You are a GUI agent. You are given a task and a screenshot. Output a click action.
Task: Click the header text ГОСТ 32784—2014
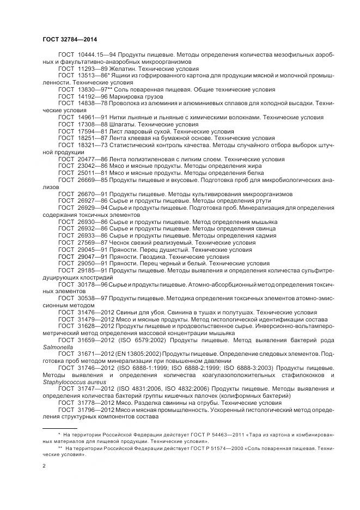point(66,39)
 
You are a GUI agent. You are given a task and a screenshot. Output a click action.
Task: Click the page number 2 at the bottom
point(44,466)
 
